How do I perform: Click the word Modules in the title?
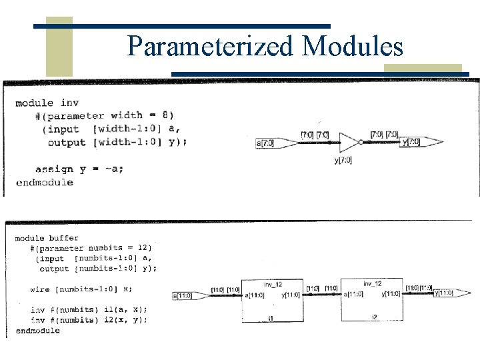(353, 46)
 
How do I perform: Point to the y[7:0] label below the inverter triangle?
(343, 160)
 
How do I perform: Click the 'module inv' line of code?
(47, 103)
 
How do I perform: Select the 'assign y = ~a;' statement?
(79, 169)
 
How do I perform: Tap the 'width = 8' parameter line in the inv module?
(105, 115)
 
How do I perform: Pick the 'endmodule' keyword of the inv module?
(45, 182)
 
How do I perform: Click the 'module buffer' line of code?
(47, 238)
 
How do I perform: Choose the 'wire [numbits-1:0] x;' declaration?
(81, 289)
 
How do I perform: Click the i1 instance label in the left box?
(270, 319)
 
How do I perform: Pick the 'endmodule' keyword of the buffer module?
(38, 331)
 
